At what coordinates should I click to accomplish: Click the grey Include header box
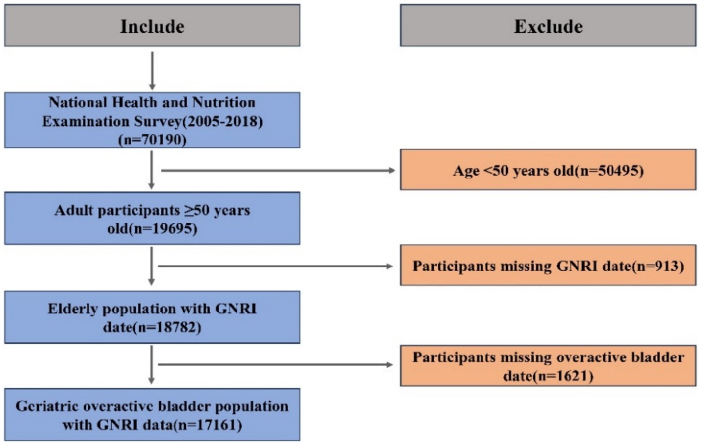(x=152, y=25)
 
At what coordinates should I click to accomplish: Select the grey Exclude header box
(x=548, y=25)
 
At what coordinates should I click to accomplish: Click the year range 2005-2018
(x=222, y=121)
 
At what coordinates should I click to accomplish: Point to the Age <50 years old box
(x=548, y=170)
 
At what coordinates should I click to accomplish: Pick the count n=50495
(x=610, y=171)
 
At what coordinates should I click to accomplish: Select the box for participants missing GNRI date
(x=548, y=265)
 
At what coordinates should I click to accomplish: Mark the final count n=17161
(x=208, y=425)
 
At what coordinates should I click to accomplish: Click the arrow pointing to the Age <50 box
(x=278, y=170)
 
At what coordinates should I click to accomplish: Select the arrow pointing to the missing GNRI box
(x=275, y=266)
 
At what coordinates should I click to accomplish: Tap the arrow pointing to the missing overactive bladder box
(x=275, y=364)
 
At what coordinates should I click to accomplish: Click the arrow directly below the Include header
(x=152, y=71)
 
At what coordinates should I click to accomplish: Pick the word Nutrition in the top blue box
(x=224, y=103)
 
